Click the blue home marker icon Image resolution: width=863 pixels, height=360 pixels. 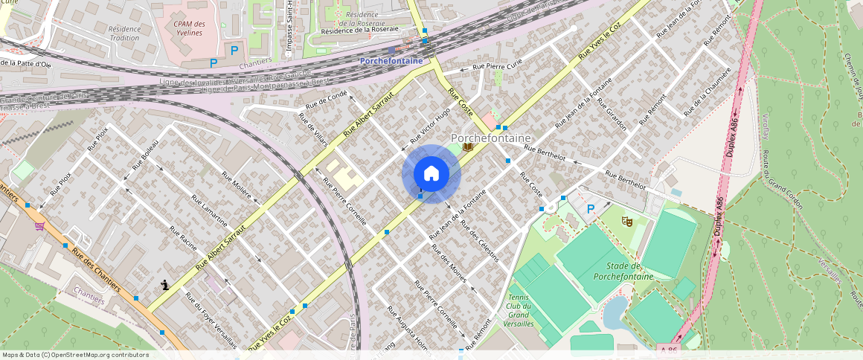(x=431, y=174)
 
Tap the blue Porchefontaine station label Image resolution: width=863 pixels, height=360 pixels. (x=391, y=61)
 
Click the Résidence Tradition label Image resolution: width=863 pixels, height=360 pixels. (x=124, y=33)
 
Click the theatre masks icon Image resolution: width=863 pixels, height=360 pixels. (x=627, y=221)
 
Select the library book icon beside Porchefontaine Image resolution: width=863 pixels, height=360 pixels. (x=467, y=147)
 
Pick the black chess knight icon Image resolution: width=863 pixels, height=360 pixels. (x=164, y=284)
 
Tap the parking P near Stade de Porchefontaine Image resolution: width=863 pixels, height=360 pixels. (x=591, y=210)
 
